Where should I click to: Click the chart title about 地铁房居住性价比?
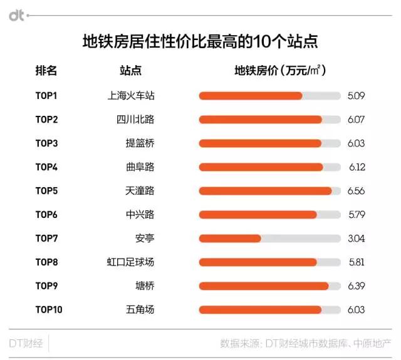[x=200, y=42]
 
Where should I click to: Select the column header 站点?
[x=130, y=71]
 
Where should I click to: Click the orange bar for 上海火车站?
[x=251, y=96]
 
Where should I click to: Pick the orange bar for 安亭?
[x=230, y=238]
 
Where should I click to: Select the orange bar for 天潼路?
[x=265, y=191]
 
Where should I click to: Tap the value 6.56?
[x=356, y=191]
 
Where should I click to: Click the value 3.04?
[x=356, y=238]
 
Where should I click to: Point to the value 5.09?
[x=356, y=96]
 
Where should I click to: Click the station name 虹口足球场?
[x=130, y=262]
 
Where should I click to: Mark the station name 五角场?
[x=140, y=309]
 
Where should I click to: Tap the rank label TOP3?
[x=46, y=143]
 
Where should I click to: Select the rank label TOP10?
[x=49, y=309]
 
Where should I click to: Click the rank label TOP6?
[x=46, y=214]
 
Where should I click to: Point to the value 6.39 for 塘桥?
[x=356, y=285]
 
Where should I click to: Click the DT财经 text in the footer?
[x=25, y=343]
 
